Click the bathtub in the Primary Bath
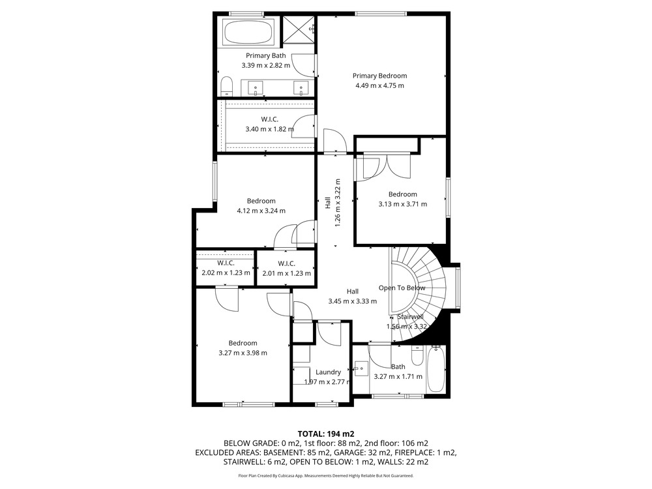(248, 32)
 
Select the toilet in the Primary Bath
(227, 87)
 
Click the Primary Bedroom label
(379, 76)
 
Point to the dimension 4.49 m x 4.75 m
(379, 85)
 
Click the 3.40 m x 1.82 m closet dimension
(269, 129)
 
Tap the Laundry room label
(328, 372)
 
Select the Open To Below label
(402, 288)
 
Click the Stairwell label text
(410, 317)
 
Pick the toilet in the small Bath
(417, 355)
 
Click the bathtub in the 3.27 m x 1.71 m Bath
(436, 370)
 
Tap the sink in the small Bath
(361, 368)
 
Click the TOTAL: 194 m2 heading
(326, 434)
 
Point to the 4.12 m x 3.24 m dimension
(261, 211)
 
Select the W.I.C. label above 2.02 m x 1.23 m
(226, 263)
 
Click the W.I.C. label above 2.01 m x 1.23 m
(286, 263)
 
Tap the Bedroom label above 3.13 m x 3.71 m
(402, 194)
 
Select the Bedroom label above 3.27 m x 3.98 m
(243, 343)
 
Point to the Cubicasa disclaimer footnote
(326, 476)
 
